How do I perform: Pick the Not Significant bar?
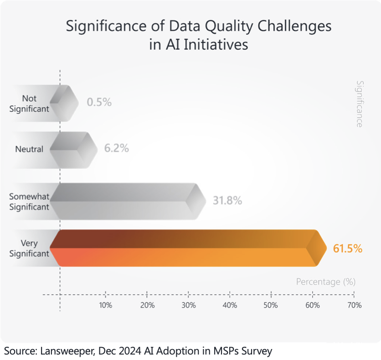click(x=64, y=103)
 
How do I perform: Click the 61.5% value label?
click(x=348, y=249)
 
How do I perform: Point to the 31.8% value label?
click(x=227, y=200)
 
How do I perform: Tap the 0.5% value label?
click(x=99, y=102)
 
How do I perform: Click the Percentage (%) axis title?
click(x=325, y=282)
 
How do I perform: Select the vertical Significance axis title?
click(x=360, y=104)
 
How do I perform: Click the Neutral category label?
click(x=29, y=149)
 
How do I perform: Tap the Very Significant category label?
click(x=29, y=248)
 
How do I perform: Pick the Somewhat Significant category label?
click(x=29, y=201)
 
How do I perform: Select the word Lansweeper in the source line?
click(x=63, y=351)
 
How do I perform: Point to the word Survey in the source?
click(x=257, y=351)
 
